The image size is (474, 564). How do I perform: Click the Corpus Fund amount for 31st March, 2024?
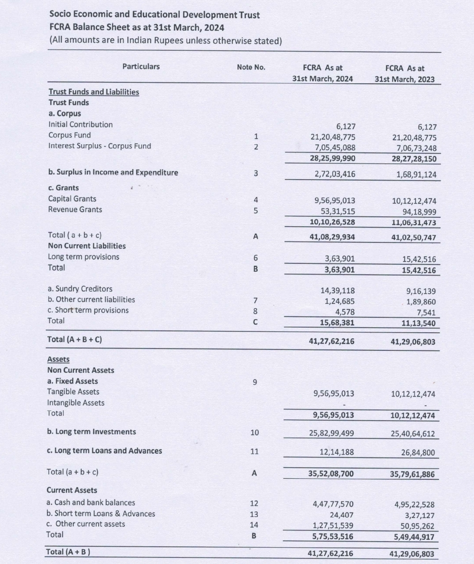[333, 137]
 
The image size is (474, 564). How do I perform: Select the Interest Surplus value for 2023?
[414, 148]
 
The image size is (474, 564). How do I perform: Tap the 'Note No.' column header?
[251, 67]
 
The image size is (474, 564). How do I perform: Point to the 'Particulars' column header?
[141, 67]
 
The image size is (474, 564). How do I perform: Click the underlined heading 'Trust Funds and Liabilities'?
[93, 92]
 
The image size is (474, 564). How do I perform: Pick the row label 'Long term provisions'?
[84, 257]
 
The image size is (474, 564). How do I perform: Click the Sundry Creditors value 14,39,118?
[337, 290]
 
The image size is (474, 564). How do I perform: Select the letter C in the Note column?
[255, 322]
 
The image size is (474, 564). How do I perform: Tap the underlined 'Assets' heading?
[58, 359]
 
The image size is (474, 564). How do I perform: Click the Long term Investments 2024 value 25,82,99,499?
[331, 433]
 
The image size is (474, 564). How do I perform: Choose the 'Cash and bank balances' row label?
[91, 503]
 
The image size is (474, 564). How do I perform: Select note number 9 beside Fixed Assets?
[254, 382]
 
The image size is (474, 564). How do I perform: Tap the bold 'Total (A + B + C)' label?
[75, 339]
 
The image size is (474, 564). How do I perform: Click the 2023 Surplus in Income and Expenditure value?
[416, 175]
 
